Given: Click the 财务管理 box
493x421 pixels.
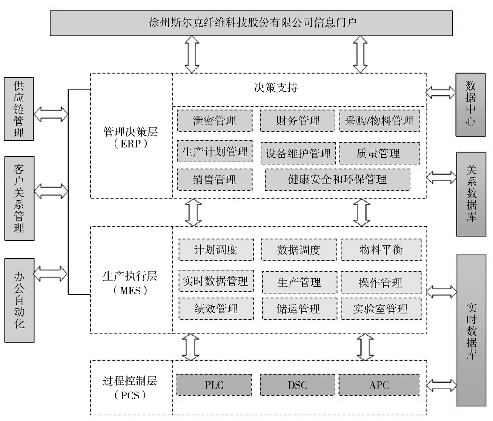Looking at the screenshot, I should tap(297, 121).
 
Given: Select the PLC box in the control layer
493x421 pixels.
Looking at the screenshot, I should tap(214, 385).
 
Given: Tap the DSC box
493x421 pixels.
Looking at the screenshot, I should tap(297, 385).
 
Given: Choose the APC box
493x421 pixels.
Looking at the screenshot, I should tap(379, 385).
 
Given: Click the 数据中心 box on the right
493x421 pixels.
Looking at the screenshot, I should tap(470, 104).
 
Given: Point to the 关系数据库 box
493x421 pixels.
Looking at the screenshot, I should tap(471, 194).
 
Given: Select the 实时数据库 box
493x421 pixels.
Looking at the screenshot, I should tap(471, 330).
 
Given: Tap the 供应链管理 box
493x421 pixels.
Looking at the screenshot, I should tap(19, 109).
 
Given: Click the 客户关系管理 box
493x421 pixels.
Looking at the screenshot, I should tap(19, 198).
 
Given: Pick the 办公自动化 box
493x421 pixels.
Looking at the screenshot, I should tap(19, 300).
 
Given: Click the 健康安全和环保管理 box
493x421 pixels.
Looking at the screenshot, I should tap(337, 180).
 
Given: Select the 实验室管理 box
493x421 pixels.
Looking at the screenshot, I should tap(381, 309).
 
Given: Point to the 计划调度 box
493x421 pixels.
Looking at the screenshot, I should tap(216, 250).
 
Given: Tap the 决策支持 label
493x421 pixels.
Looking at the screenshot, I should tap(276, 88).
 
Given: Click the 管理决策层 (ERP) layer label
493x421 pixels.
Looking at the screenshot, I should tap(131, 137).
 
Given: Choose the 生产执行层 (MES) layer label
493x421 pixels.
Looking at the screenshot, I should tap(130, 283).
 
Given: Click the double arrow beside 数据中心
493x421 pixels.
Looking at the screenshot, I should tap(441, 92).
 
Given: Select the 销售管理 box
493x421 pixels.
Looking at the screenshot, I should tap(215, 180).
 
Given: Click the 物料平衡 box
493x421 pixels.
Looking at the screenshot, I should tap(381, 250).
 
